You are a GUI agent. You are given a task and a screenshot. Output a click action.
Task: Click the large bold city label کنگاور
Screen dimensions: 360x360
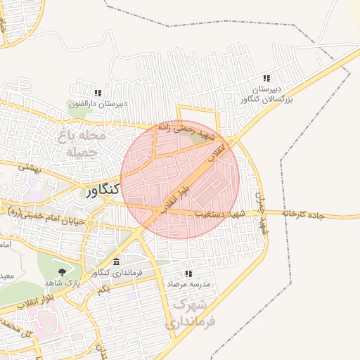[x=103, y=191]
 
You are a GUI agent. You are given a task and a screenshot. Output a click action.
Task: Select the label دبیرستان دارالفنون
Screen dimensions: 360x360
[x=98, y=105]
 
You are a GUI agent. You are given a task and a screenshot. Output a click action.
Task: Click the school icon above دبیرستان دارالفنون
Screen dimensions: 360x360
[x=98, y=93]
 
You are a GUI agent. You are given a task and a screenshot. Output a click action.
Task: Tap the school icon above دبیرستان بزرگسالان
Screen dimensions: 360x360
[x=266, y=78]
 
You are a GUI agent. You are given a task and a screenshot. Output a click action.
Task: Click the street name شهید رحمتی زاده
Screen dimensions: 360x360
[x=184, y=130]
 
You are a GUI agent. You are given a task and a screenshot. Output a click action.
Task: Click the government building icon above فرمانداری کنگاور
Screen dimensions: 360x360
[x=117, y=262]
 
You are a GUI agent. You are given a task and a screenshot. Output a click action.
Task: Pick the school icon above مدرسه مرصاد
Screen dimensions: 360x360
[x=188, y=274]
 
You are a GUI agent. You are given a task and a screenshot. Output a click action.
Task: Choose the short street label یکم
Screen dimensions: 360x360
[x=104, y=290]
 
